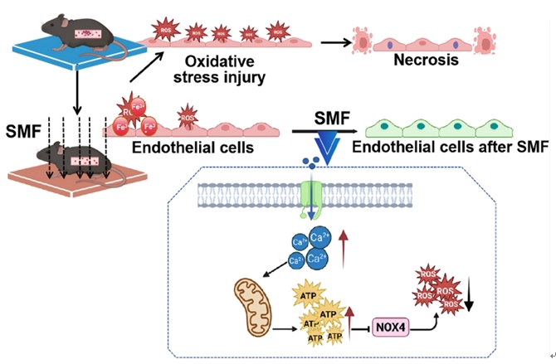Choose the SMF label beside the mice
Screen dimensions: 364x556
tap(25, 129)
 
